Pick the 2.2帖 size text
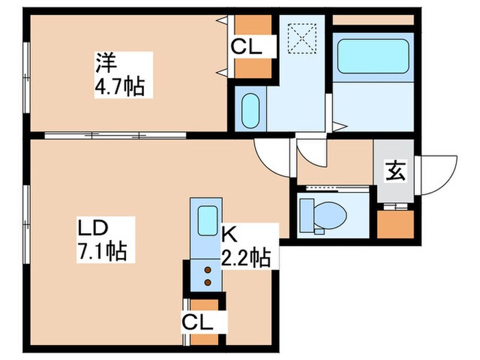pos(244,258)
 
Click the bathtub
pos(372,58)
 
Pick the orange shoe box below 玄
pos(396,224)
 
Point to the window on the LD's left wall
pos(25,216)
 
